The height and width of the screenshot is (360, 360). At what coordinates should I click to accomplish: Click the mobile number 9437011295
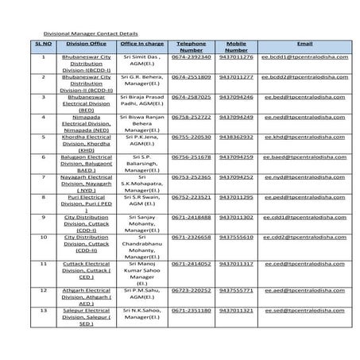236,196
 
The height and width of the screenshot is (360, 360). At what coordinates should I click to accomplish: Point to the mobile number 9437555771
236,290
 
